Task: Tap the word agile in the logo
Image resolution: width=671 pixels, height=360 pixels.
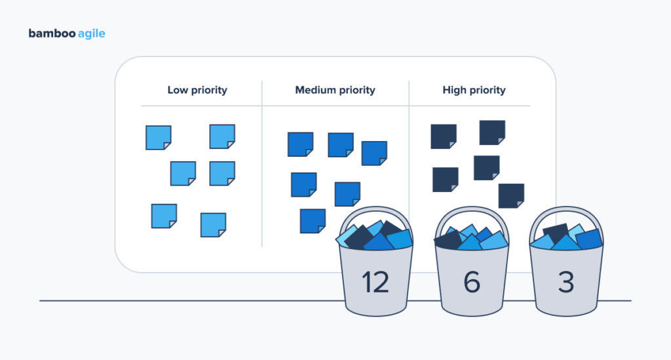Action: pyautogui.click(x=90, y=34)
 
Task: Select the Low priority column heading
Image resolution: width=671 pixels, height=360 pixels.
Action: pyautogui.click(x=197, y=90)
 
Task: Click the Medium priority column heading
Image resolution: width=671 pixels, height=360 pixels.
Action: pyautogui.click(x=335, y=90)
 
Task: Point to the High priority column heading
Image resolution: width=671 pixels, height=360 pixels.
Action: pyautogui.click(x=474, y=90)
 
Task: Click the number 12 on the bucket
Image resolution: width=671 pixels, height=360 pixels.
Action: pyautogui.click(x=375, y=282)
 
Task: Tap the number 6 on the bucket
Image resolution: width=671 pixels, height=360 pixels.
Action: pyautogui.click(x=472, y=282)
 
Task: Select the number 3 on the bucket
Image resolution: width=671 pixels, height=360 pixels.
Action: pyautogui.click(x=566, y=282)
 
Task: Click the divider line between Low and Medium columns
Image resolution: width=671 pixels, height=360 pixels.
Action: pyautogui.click(x=262, y=164)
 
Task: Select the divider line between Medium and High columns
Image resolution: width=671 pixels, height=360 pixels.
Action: pyautogui.click(x=409, y=151)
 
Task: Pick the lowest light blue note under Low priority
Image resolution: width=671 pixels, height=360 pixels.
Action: pyautogui.click(x=213, y=225)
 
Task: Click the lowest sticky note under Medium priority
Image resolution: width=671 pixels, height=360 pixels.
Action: pyautogui.click(x=313, y=221)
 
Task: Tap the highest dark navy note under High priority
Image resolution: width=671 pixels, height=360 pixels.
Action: pyautogui.click(x=492, y=132)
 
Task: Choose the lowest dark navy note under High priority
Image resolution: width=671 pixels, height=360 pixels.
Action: pyautogui.click(x=511, y=195)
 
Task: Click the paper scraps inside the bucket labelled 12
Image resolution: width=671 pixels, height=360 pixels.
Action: pyautogui.click(x=375, y=236)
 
